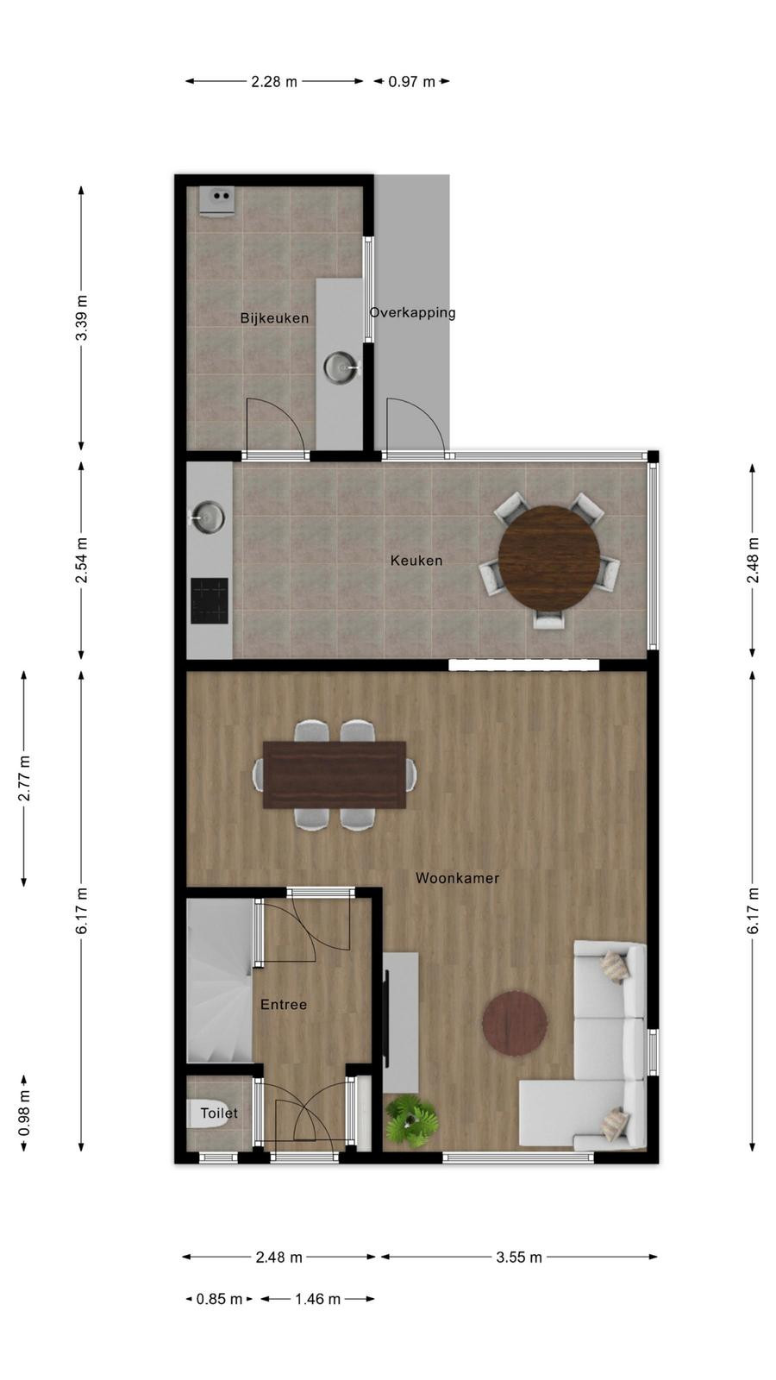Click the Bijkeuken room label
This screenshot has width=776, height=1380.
point(274,318)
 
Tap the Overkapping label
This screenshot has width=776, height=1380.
point(413,313)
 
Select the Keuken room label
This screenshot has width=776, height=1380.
point(416,561)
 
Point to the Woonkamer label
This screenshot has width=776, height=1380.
point(457,878)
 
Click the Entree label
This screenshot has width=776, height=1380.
point(284,1005)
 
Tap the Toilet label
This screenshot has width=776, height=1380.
point(219,1113)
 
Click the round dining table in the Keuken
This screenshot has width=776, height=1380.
point(549,559)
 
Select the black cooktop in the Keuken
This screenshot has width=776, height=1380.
point(210,600)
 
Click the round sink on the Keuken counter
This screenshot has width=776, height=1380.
point(208,517)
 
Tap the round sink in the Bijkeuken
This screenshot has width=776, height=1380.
point(341,367)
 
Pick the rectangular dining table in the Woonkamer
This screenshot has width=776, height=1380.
point(335,775)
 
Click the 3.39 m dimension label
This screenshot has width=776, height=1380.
point(81,317)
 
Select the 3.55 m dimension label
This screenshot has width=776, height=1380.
point(519,1258)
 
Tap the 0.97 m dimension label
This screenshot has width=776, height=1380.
point(412,81)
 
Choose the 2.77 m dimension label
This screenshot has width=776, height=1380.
point(25,778)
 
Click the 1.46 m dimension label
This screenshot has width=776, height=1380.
point(318,1299)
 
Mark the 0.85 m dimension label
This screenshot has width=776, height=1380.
point(219,1299)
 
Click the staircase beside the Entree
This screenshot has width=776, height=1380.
point(220,980)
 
